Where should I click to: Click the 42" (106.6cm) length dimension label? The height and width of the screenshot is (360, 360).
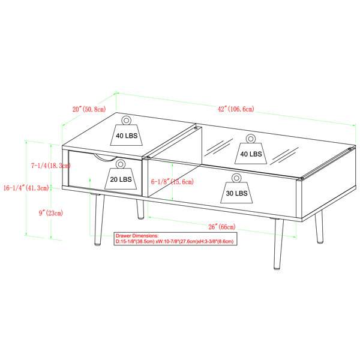click(x=236, y=109)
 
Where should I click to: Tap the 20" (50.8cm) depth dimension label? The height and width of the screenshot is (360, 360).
click(x=89, y=109)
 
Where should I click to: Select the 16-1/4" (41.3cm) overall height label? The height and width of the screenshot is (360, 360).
click(x=26, y=188)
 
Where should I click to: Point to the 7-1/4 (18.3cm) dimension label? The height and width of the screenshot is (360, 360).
click(x=51, y=166)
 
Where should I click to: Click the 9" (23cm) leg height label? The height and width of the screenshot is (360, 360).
click(x=51, y=213)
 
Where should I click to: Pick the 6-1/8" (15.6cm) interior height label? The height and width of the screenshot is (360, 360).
click(x=172, y=182)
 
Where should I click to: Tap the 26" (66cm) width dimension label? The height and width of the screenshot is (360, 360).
click(x=222, y=227)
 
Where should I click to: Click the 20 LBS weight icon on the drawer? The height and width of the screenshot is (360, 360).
click(x=121, y=175)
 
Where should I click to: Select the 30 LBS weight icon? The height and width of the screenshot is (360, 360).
click(x=236, y=189)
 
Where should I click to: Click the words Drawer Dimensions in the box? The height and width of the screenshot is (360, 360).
click(x=137, y=236)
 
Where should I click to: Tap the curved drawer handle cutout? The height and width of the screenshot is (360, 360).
click(x=104, y=158)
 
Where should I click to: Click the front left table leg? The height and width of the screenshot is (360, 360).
click(x=99, y=220)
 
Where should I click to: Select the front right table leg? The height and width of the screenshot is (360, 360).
click(x=278, y=244)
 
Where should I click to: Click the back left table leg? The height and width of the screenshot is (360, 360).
click(x=140, y=209)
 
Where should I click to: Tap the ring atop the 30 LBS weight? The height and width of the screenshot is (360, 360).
click(x=236, y=178)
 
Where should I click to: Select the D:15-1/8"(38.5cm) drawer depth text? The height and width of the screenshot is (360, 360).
click(x=135, y=242)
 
